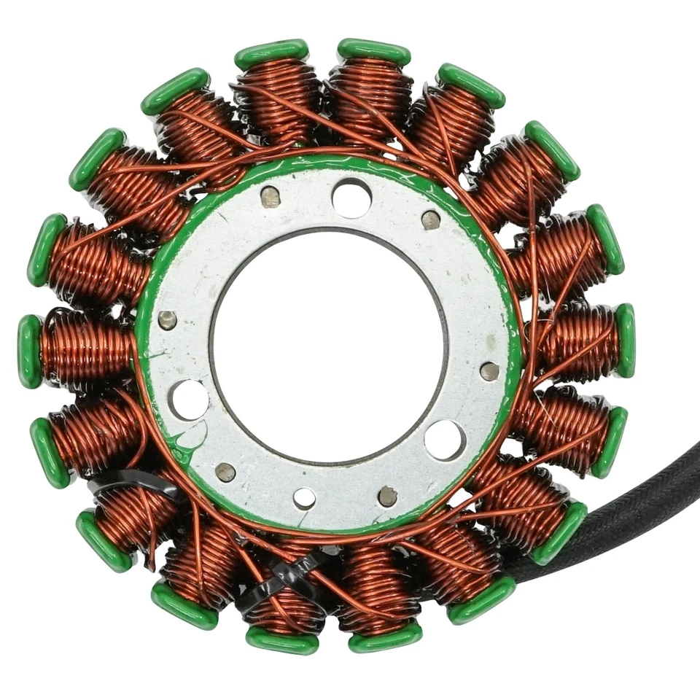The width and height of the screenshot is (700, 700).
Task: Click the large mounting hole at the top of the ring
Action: pyautogui.click(x=351, y=197)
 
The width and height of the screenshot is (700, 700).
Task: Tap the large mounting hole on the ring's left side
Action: pyautogui.click(x=189, y=399)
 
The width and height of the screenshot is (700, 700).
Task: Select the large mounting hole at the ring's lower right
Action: pyautogui.click(x=445, y=440)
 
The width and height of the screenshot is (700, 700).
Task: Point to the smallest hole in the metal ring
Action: pyautogui.click(x=305, y=498)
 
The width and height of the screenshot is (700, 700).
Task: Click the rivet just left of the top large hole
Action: pyautogui.click(x=271, y=197)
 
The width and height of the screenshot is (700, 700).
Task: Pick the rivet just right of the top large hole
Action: pyautogui.click(x=431, y=219)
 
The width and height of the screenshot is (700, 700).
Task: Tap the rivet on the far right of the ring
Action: pyautogui.click(x=490, y=371)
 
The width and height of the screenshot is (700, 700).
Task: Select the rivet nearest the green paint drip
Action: pyautogui.click(x=225, y=472)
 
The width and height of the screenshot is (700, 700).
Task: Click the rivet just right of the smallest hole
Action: pyautogui.click(x=388, y=497)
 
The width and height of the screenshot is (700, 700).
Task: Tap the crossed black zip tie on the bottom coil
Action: pyautogui.click(x=288, y=580)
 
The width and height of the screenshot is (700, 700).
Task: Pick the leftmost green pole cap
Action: pyautogui.click(x=30, y=351)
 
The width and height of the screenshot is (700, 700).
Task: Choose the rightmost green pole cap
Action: pyautogui.click(x=625, y=340)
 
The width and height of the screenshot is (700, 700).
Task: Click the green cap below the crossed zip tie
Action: pyautogui.click(x=281, y=640)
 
